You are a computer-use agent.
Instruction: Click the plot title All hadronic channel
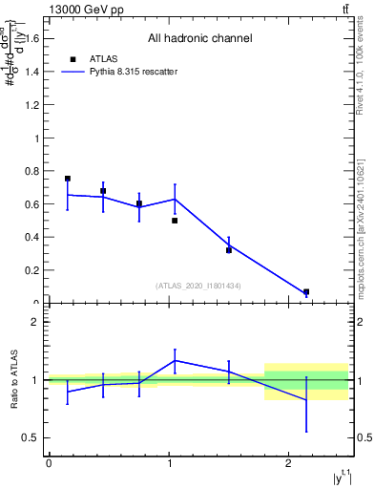tap(199, 39)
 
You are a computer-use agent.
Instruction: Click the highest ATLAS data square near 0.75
tap(68, 179)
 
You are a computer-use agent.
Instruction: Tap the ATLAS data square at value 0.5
tap(175, 221)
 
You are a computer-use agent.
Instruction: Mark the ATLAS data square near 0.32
tap(229, 250)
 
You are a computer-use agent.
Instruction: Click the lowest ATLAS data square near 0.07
tap(306, 292)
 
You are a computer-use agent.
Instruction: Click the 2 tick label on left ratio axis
tap(35, 322)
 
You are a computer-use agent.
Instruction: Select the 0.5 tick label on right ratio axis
tap(364, 438)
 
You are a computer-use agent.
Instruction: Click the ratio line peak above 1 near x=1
tap(175, 360)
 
